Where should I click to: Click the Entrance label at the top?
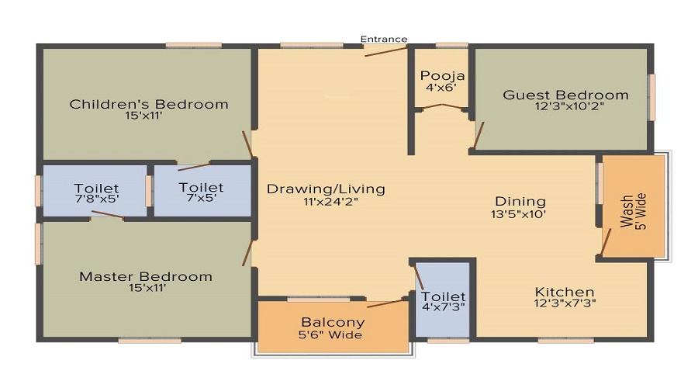[384, 40]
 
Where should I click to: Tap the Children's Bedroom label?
[149, 104]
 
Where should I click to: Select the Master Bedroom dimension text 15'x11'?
[147, 288]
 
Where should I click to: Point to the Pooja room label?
[442, 76]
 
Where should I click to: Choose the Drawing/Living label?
[326, 189]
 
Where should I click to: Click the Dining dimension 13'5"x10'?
[518, 214]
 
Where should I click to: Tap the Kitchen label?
[565, 293]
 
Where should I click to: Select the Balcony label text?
[333, 322]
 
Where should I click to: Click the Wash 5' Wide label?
[634, 212]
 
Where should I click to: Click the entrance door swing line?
[386, 51]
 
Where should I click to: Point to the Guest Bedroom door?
[479, 135]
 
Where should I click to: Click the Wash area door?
[606, 242]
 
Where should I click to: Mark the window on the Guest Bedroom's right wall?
[652, 97]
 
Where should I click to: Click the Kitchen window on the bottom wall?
[566, 341]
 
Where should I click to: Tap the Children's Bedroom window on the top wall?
[194, 45]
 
